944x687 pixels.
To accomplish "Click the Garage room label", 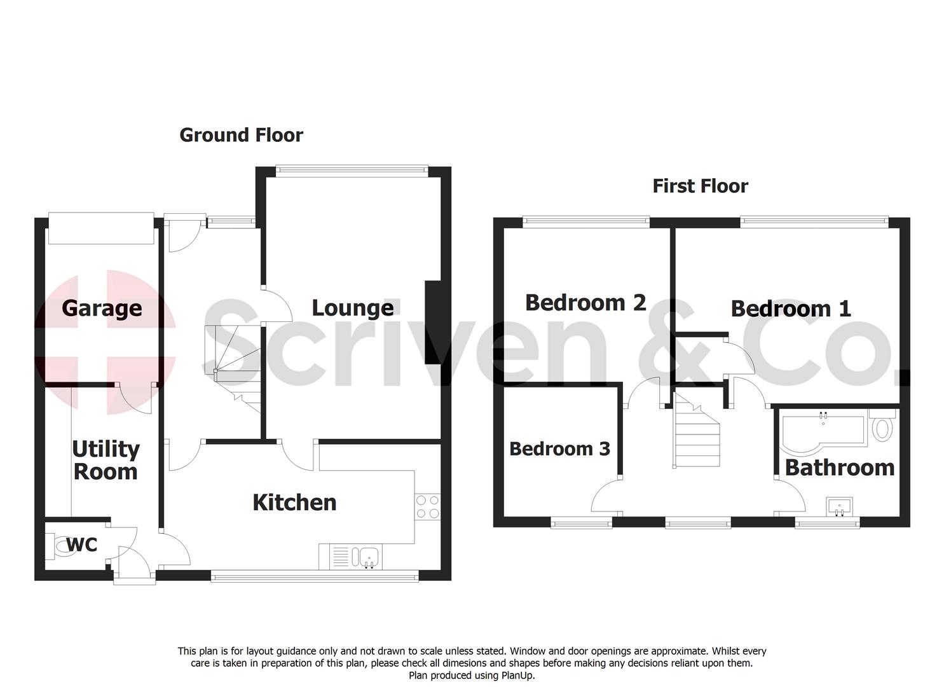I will coord(102,309).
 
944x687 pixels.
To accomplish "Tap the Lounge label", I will coord(352,308).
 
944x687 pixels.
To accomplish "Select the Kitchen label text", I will coord(294,503).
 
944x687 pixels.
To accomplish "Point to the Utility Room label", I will coord(106,460).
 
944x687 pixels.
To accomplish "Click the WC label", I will coord(83,545).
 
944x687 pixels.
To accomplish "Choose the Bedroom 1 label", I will coord(790,309).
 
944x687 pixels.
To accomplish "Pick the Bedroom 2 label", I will coord(585,303).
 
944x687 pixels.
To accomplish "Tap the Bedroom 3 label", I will coord(559,449).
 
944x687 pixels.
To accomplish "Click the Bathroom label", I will coord(839,468).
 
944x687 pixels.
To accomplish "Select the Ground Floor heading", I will coord(241,135).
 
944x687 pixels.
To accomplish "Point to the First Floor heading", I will coord(700,186).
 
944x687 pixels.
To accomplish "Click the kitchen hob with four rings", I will coord(427,507).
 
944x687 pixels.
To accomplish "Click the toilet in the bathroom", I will coord(882,427).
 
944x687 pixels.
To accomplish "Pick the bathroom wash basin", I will coord(840,507).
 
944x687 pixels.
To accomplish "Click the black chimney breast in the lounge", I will coord(432,323).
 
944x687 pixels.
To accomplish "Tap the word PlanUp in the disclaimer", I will coord(518,676).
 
